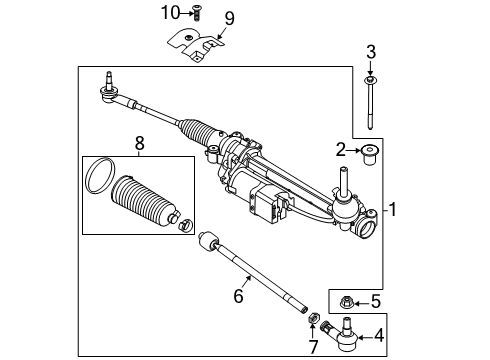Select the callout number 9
point(228,18)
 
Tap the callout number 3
point(370,52)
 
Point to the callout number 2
point(342,150)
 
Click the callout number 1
point(397,211)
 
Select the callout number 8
point(139,144)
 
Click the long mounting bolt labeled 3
point(371,105)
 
